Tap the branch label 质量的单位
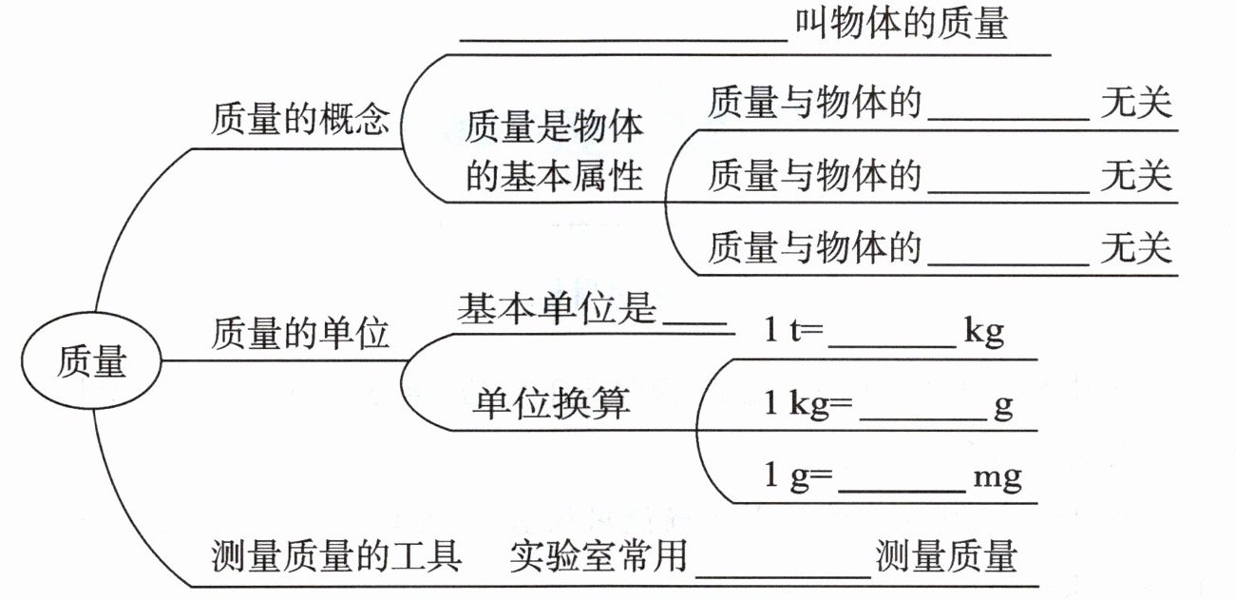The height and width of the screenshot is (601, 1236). point(299,334)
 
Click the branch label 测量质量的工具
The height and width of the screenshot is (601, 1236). point(335,555)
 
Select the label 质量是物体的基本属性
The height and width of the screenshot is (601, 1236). point(554,151)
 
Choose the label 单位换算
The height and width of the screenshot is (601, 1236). point(551,404)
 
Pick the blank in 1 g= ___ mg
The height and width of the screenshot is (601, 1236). point(903,485)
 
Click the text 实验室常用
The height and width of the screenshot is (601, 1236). point(598,555)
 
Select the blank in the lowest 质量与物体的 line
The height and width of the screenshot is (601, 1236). point(1008,259)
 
